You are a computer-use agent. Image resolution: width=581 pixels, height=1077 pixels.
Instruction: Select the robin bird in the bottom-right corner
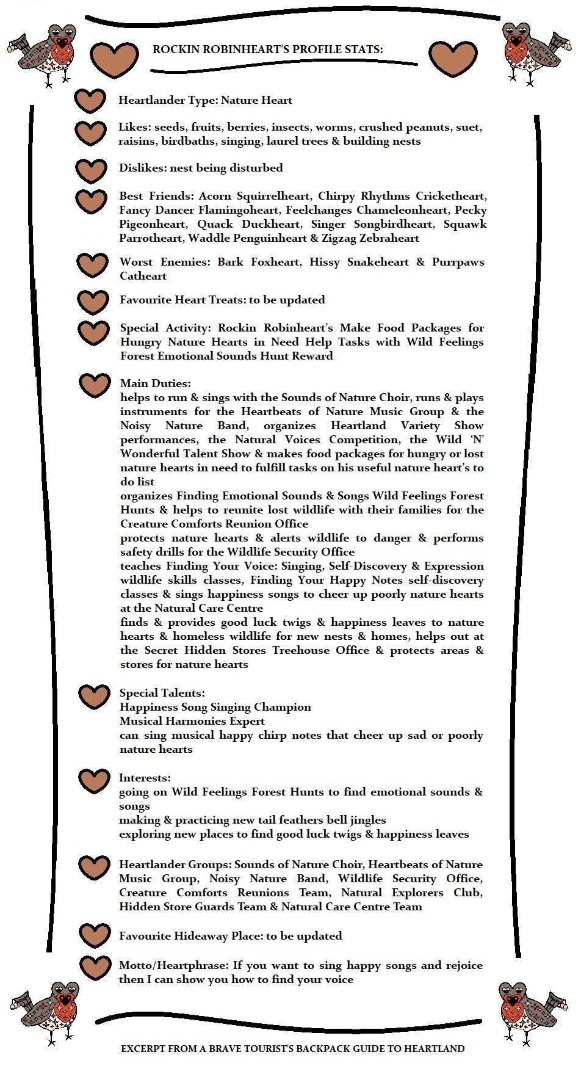click(x=535, y=1011)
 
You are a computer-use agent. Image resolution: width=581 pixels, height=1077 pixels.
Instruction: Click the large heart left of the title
click(x=115, y=59)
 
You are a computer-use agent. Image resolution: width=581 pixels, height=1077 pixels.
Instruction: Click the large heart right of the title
click(x=452, y=59)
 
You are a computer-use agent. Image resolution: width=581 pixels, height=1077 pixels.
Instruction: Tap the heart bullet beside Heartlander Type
click(x=90, y=101)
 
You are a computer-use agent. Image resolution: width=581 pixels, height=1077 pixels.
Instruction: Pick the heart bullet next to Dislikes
click(x=90, y=171)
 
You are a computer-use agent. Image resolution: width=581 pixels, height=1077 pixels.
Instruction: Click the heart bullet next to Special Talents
click(x=94, y=697)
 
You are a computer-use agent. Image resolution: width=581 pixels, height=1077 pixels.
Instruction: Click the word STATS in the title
click(x=364, y=49)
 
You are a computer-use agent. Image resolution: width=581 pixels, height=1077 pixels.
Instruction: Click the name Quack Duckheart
click(x=248, y=224)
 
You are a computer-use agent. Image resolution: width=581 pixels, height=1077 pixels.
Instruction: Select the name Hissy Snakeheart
click(x=359, y=262)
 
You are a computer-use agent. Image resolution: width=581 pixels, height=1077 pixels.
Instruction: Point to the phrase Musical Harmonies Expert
click(x=192, y=721)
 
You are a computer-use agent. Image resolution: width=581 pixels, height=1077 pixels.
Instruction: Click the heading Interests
click(x=145, y=778)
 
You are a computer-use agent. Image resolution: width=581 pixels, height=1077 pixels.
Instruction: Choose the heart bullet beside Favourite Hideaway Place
click(x=95, y=935)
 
